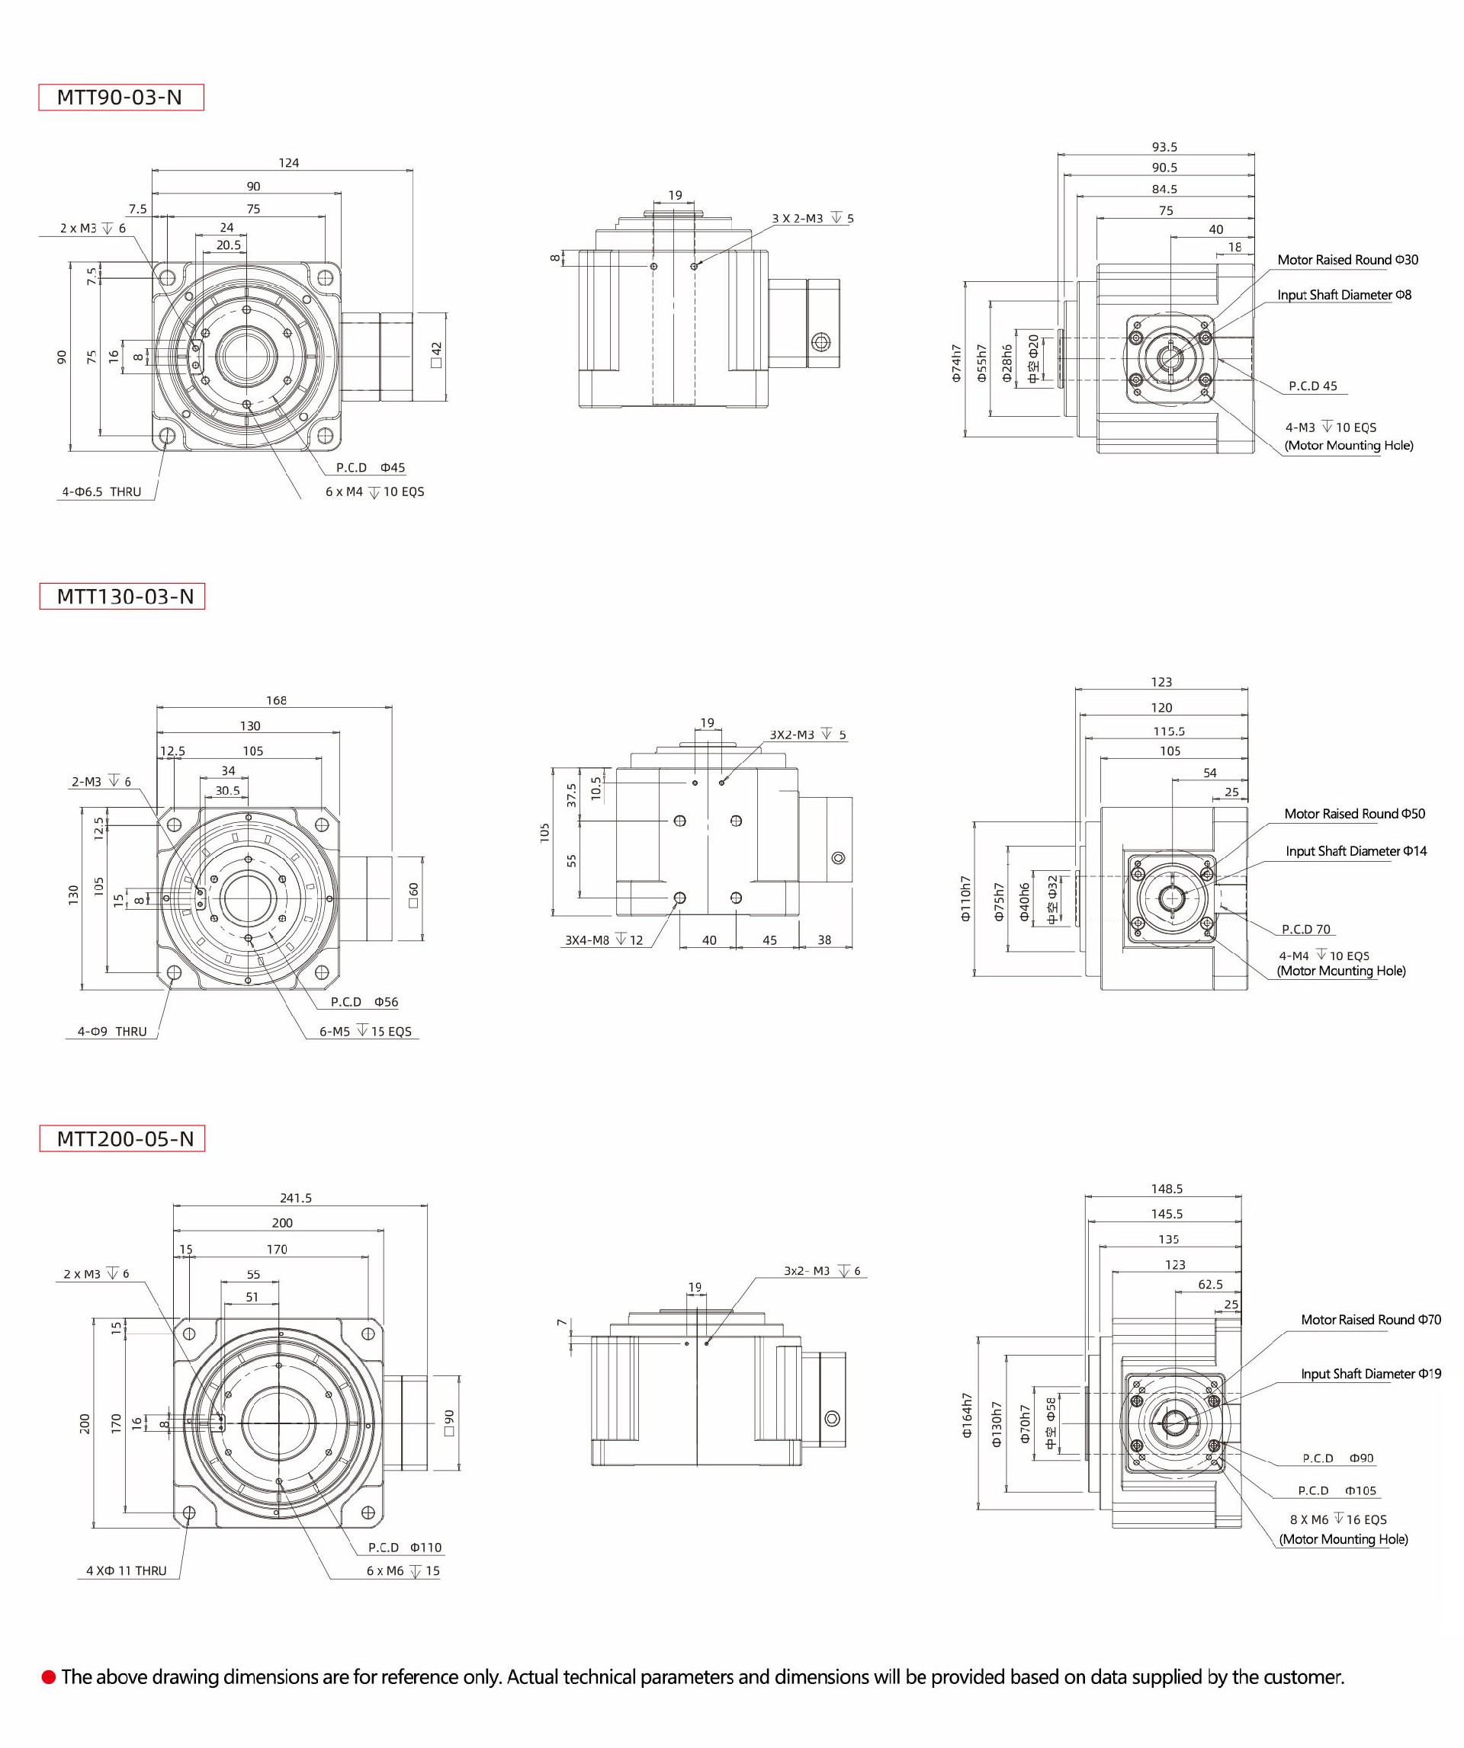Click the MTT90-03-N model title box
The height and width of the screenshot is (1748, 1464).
120,98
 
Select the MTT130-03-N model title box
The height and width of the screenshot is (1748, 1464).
123,597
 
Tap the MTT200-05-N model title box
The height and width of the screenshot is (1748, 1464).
123,1138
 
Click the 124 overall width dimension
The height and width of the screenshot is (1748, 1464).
288,163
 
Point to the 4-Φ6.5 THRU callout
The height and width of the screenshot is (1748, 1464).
101,492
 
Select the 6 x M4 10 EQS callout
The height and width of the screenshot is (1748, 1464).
374,492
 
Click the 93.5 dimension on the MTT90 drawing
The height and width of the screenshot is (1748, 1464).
1164,147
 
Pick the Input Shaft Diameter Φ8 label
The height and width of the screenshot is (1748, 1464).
1344,296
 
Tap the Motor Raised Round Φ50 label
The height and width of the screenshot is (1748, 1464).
1354,814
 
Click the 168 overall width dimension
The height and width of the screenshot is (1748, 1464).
276,701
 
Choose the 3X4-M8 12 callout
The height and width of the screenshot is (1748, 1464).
604,940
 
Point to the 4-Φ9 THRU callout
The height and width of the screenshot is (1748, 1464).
111,1031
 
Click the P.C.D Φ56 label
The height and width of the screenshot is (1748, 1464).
364,1002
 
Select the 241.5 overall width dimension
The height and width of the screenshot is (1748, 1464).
296,1198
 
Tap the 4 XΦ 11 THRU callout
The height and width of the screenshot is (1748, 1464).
127,1570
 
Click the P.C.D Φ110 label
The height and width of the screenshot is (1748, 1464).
405,1548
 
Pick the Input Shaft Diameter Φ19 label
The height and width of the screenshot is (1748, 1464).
1371,1375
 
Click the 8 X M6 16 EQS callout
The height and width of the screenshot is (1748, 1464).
1338,1519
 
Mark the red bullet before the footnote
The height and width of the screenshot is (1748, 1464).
48,1677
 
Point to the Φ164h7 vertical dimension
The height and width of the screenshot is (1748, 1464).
967,1416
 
